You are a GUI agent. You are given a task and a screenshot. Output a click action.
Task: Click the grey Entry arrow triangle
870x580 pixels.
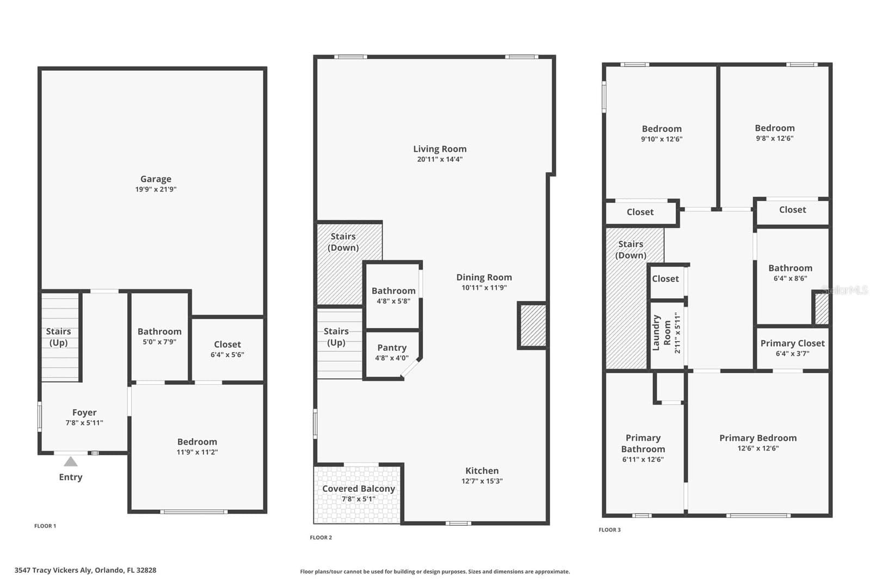point(71,461)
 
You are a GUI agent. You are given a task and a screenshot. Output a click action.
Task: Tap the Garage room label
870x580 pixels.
point(156,179)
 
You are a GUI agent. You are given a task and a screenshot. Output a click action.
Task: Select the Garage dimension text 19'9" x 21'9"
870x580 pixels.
point(156,189)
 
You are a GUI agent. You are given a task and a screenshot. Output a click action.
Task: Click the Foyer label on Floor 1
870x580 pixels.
point(84,412)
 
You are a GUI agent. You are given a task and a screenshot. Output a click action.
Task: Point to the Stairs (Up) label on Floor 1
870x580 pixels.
point(58,337)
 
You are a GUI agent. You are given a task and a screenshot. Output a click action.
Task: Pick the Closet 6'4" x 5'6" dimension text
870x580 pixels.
point(227,355)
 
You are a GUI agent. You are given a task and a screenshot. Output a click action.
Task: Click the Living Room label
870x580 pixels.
point(440,149)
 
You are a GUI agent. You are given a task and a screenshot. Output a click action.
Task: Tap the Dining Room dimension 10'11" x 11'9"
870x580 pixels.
point(484,288)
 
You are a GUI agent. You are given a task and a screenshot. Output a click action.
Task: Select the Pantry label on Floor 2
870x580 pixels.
point(392,348)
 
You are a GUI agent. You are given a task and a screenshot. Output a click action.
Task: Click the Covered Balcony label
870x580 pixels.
point(359,489)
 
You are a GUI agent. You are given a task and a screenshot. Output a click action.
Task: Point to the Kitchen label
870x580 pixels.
point(482,471)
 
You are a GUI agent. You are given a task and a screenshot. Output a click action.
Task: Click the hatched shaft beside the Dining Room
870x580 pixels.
point(533,325)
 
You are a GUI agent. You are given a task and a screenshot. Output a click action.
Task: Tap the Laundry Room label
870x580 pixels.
point(662,333)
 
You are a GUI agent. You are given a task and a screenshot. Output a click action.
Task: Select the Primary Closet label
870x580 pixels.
point(792,343)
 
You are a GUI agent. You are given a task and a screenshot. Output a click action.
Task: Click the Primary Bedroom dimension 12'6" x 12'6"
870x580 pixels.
point(758,448)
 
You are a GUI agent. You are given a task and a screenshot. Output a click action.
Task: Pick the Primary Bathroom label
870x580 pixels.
point(643,443)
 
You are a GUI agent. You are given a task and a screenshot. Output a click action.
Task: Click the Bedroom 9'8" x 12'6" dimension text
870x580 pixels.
point(774,138)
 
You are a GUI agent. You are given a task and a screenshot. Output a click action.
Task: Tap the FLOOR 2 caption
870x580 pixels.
point(321,538)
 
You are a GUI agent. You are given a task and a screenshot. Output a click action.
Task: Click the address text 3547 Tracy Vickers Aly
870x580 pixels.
point(53,570)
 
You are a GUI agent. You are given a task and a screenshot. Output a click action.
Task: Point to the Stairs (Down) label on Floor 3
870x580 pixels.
point(631,249)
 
